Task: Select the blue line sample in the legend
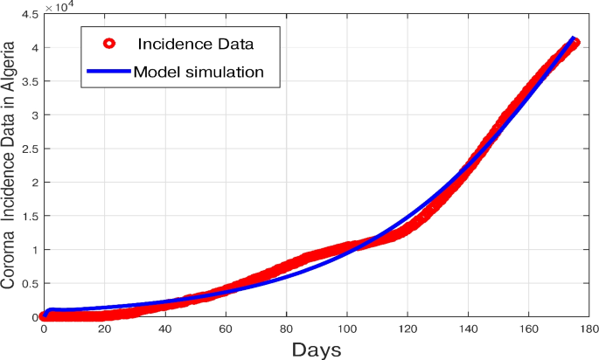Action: click(x=108, y=72)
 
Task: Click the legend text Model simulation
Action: click(x=199, y=72)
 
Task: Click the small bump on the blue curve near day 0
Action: click(x=51, y=310)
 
